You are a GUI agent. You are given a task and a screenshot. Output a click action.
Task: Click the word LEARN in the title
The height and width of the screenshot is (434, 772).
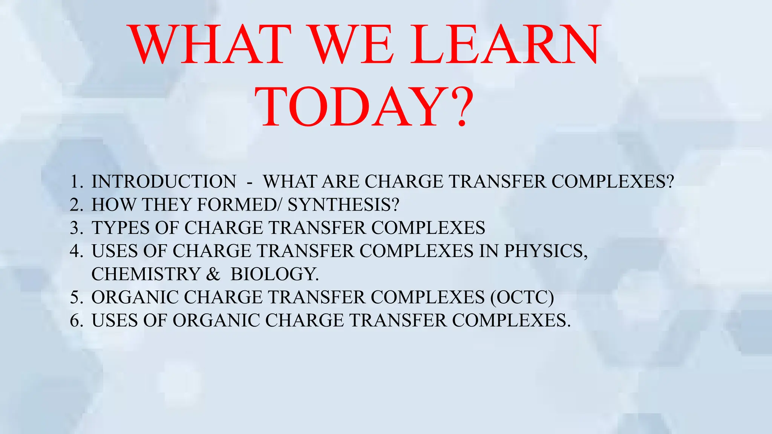pos(504,44)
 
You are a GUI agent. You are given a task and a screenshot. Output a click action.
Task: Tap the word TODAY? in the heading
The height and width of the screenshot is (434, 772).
pos(364,108)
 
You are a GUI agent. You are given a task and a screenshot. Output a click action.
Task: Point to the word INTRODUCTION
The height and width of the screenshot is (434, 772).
pos(164,182)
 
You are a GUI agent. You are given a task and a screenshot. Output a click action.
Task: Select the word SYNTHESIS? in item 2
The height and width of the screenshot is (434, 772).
pos(343,205)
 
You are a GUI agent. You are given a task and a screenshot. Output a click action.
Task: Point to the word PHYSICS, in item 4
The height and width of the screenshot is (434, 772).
pos(546,251)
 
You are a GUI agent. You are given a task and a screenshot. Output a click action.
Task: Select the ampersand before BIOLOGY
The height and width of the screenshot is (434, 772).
pos(213,274)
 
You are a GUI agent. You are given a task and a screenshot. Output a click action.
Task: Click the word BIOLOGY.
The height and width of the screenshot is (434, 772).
pos(274,274)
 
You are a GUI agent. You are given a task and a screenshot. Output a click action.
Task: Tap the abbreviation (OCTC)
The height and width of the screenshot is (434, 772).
pos(522,298)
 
